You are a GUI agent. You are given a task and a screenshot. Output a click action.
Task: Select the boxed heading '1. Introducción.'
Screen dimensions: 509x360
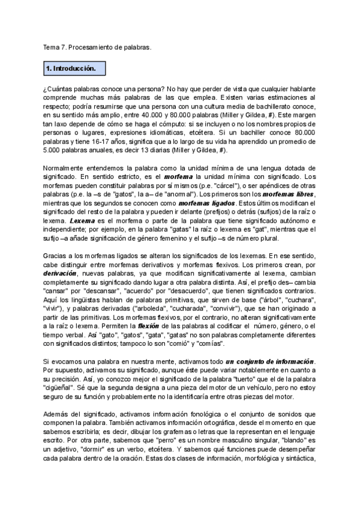point(71,70)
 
